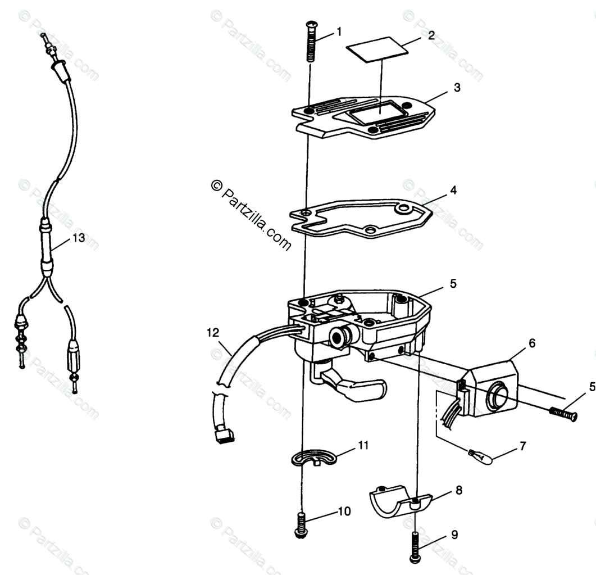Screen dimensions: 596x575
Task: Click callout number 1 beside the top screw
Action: [x=339, y=32]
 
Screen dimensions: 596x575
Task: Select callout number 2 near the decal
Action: [x=431, y=35]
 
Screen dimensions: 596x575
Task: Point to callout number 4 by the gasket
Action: [x=453, y=190]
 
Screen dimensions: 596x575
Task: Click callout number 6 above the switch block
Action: [x=532, y=342]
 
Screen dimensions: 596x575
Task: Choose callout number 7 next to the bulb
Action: [x=522, y=446]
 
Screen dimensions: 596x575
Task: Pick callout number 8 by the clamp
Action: [x=459, y=490]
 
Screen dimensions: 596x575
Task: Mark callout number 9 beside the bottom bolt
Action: [x=454, y=535]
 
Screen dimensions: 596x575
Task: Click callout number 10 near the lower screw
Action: [x=344, y=511]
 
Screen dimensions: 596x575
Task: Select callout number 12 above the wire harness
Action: [x=213, y=333]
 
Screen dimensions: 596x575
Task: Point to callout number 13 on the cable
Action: [x=78, y=238]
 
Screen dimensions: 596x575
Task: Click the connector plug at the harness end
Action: [x=225, y=436]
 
